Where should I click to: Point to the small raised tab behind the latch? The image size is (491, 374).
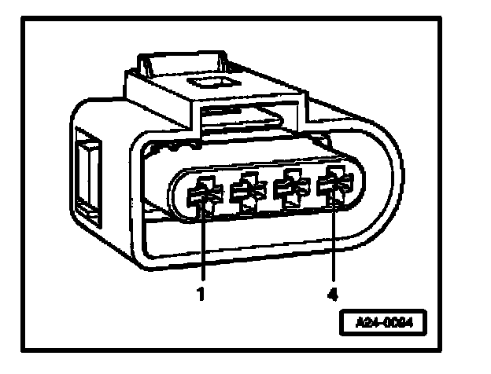[x=150, y=61]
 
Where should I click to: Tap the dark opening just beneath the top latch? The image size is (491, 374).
[x=236, y=118]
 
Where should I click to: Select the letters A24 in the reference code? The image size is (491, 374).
[x=364, y=321]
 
